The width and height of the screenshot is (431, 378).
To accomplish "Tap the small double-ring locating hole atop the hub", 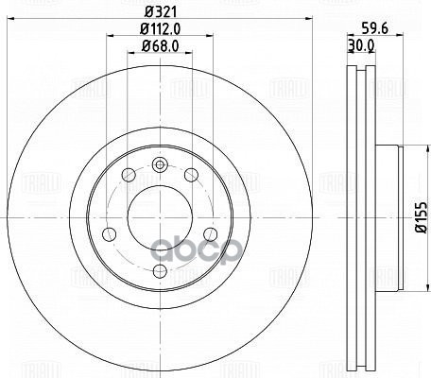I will click(x=159, y=164).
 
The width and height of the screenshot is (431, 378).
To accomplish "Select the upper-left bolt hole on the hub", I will click(x=129, y=174).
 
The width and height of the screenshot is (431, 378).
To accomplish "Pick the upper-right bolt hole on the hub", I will click(x=189, y=174).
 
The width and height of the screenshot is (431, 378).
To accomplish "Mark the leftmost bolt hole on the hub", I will click(x=111, y=232).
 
